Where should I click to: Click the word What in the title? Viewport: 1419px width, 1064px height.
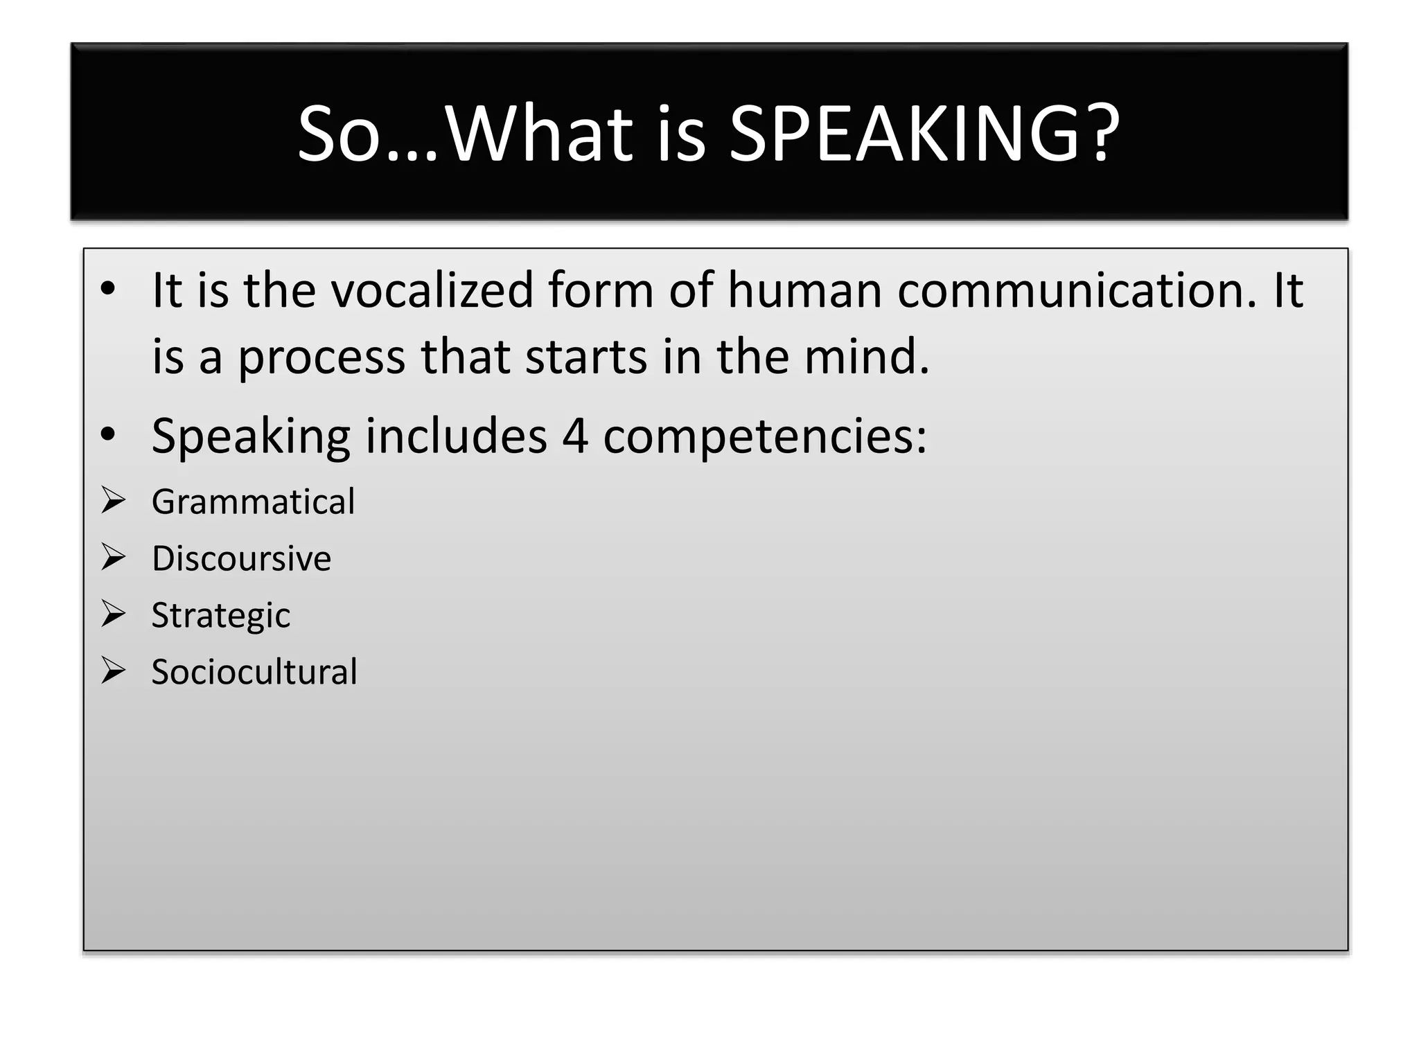(x=538, y=133)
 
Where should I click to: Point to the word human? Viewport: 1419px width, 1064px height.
(x=804, y=290)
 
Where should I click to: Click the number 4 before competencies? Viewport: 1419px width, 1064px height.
(x=574, y=436)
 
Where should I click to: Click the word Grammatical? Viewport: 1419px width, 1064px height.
(x=253, y=502)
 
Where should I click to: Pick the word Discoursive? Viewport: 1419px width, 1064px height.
(x=241, y=558)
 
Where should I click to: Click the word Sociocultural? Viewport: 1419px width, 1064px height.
(x=254, y=672)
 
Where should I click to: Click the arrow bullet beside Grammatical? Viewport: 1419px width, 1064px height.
(x=113, y=500)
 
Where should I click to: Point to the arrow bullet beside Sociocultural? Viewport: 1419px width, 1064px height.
(x=113, y=671)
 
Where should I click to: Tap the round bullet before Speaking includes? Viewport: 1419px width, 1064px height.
(x=107, y=435)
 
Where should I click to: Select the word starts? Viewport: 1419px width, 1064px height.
(x=585, y=357)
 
